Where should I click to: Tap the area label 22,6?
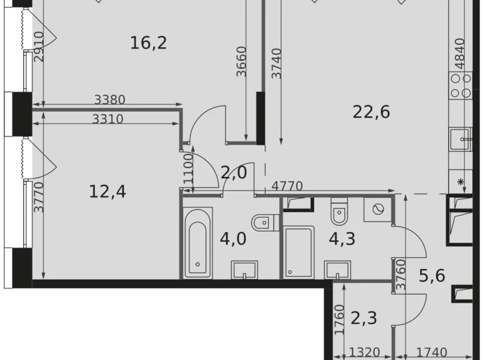pos(371,112)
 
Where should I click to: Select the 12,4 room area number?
pos(107,191)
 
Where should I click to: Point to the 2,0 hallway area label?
pos(234,173)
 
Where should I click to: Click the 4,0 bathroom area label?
pos(233,238)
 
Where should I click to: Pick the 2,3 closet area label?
pos(364,319)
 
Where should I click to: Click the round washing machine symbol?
pos(378,209)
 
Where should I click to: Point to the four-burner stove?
pos(461,86)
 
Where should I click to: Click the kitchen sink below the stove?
pos(461,138)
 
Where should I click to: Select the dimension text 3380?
pos(110,99)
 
